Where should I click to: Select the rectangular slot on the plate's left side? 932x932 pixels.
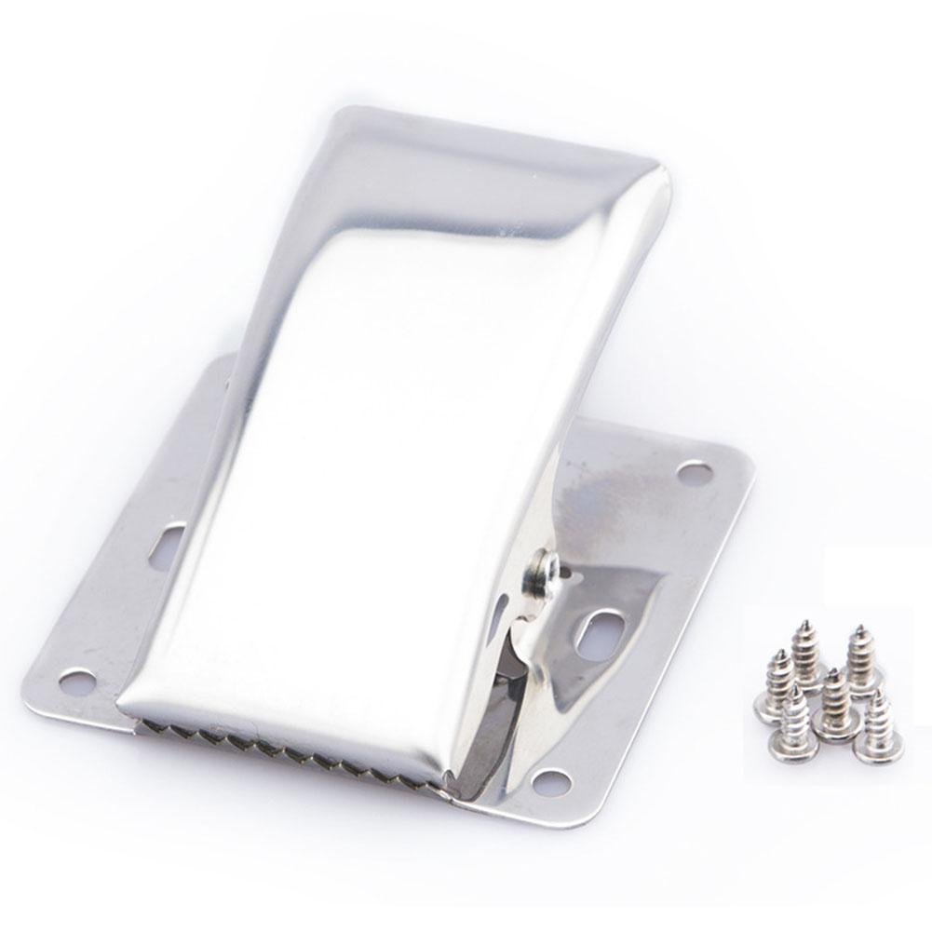tap(170, 537)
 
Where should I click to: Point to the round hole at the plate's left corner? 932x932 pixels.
tap(77, 681)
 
